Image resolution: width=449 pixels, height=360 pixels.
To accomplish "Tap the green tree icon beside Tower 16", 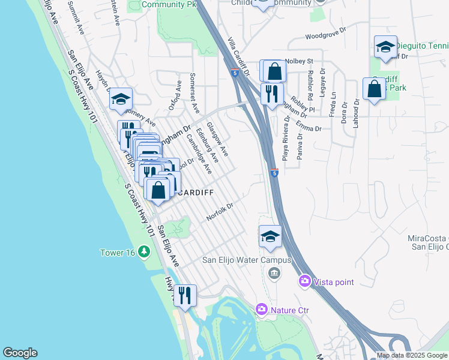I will [x=143, y=252].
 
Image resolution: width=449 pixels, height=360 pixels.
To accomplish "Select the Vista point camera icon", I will [x=305, y=281].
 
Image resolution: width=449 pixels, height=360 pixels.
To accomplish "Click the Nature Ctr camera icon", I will [x=261, y=310].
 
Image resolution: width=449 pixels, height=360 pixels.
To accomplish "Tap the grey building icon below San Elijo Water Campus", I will [x=274, y=274].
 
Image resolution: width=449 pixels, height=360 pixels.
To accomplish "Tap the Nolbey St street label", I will [x=300, y=61].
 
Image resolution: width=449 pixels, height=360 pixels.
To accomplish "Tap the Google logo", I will [x=20, y=353].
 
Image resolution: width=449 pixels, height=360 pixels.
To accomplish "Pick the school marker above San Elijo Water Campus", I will [x=270, y=236].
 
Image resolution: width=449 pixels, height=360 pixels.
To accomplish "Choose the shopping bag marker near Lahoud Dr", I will [x=374, y=89].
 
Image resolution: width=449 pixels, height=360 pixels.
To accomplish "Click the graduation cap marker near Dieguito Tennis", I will [x=385, y=47].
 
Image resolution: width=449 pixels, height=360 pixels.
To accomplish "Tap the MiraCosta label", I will [x=427, y=238].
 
